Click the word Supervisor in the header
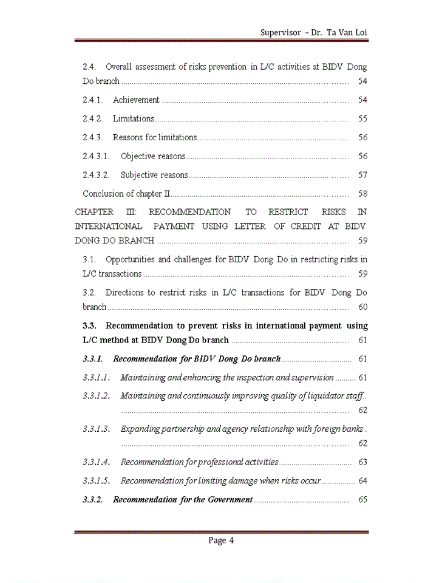280,32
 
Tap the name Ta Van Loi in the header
347,32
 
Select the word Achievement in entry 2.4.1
136,100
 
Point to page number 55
362,118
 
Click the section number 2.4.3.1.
96,156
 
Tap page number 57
362,175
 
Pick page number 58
362,194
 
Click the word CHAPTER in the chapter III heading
94,212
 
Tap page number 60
362,307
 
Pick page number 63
362,462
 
